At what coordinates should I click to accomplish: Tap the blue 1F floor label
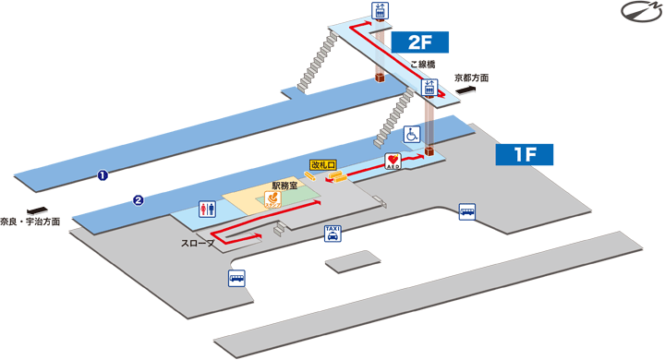[525, 154]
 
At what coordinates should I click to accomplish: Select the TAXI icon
[331, 234]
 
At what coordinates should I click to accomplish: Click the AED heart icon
[392, 162]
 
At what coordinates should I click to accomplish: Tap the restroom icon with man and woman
[207, 210]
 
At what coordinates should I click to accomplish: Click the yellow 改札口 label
[326, 164]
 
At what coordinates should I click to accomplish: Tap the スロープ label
[199, 244]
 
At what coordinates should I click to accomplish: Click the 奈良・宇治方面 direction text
[30, 222]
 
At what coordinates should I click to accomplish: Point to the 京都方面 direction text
[472, 78]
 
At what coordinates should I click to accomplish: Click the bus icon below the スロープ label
[236, 278]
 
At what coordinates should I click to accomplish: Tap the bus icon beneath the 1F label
[467, 211]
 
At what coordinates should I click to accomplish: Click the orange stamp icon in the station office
[272, 200]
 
